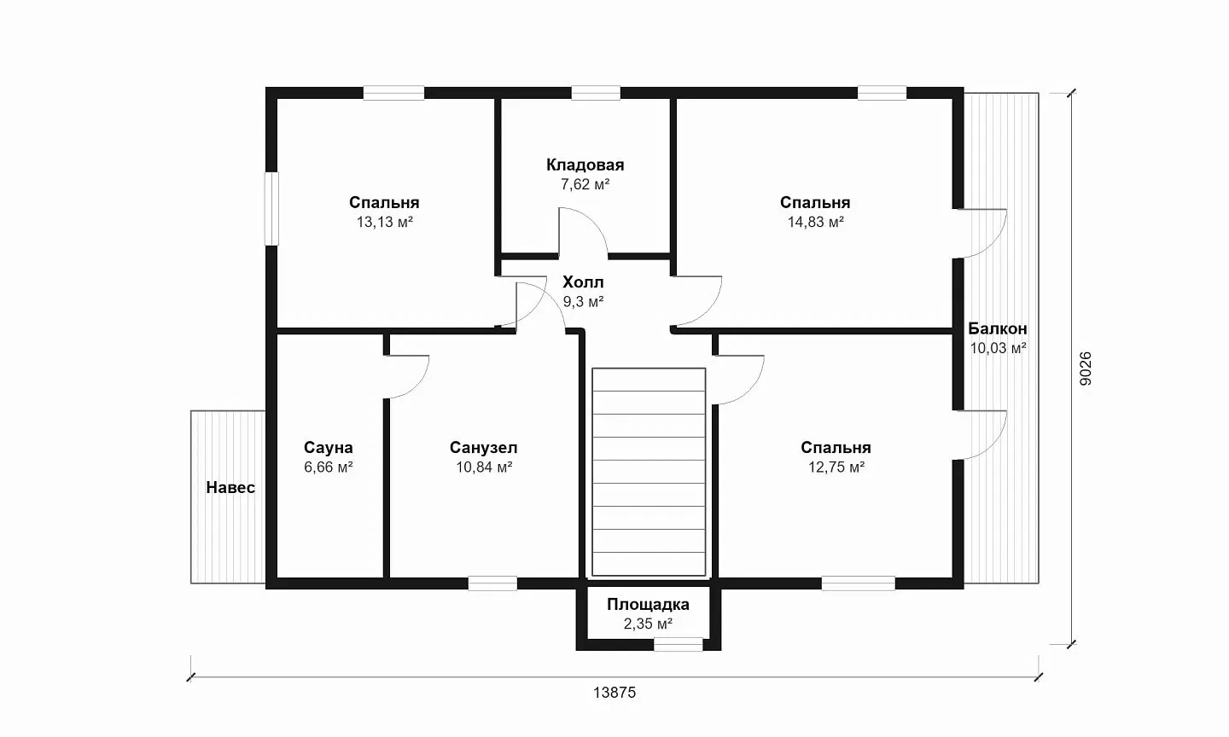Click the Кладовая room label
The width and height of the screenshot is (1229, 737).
pos(585,165)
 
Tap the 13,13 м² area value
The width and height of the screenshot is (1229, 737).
pos(385,222)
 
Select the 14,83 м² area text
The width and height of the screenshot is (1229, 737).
pos(815,222)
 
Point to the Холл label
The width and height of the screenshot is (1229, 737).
pos(583,282)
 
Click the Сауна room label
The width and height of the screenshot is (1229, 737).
pos(328,448)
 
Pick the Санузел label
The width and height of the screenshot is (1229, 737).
pos(483,448)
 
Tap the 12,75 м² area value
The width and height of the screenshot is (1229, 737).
pos(836,467)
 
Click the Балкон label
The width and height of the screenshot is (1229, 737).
pos(998,329)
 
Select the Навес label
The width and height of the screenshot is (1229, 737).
pos(230,488)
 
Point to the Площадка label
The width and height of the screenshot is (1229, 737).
pos(648,605)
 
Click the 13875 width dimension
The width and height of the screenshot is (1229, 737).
pos(614,693)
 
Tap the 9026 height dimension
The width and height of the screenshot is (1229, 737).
pos(1086,368)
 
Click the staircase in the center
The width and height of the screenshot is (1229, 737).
pos(649,473)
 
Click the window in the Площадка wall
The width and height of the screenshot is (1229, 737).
pos(679,644)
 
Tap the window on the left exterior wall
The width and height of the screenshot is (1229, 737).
pos(271,208)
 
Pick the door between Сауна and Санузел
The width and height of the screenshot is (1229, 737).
pos(406,377)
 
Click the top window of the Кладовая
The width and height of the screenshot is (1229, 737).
pos(596,93)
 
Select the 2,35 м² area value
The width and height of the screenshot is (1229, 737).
pos(648,624)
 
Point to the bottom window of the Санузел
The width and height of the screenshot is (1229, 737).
pos(492,583)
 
